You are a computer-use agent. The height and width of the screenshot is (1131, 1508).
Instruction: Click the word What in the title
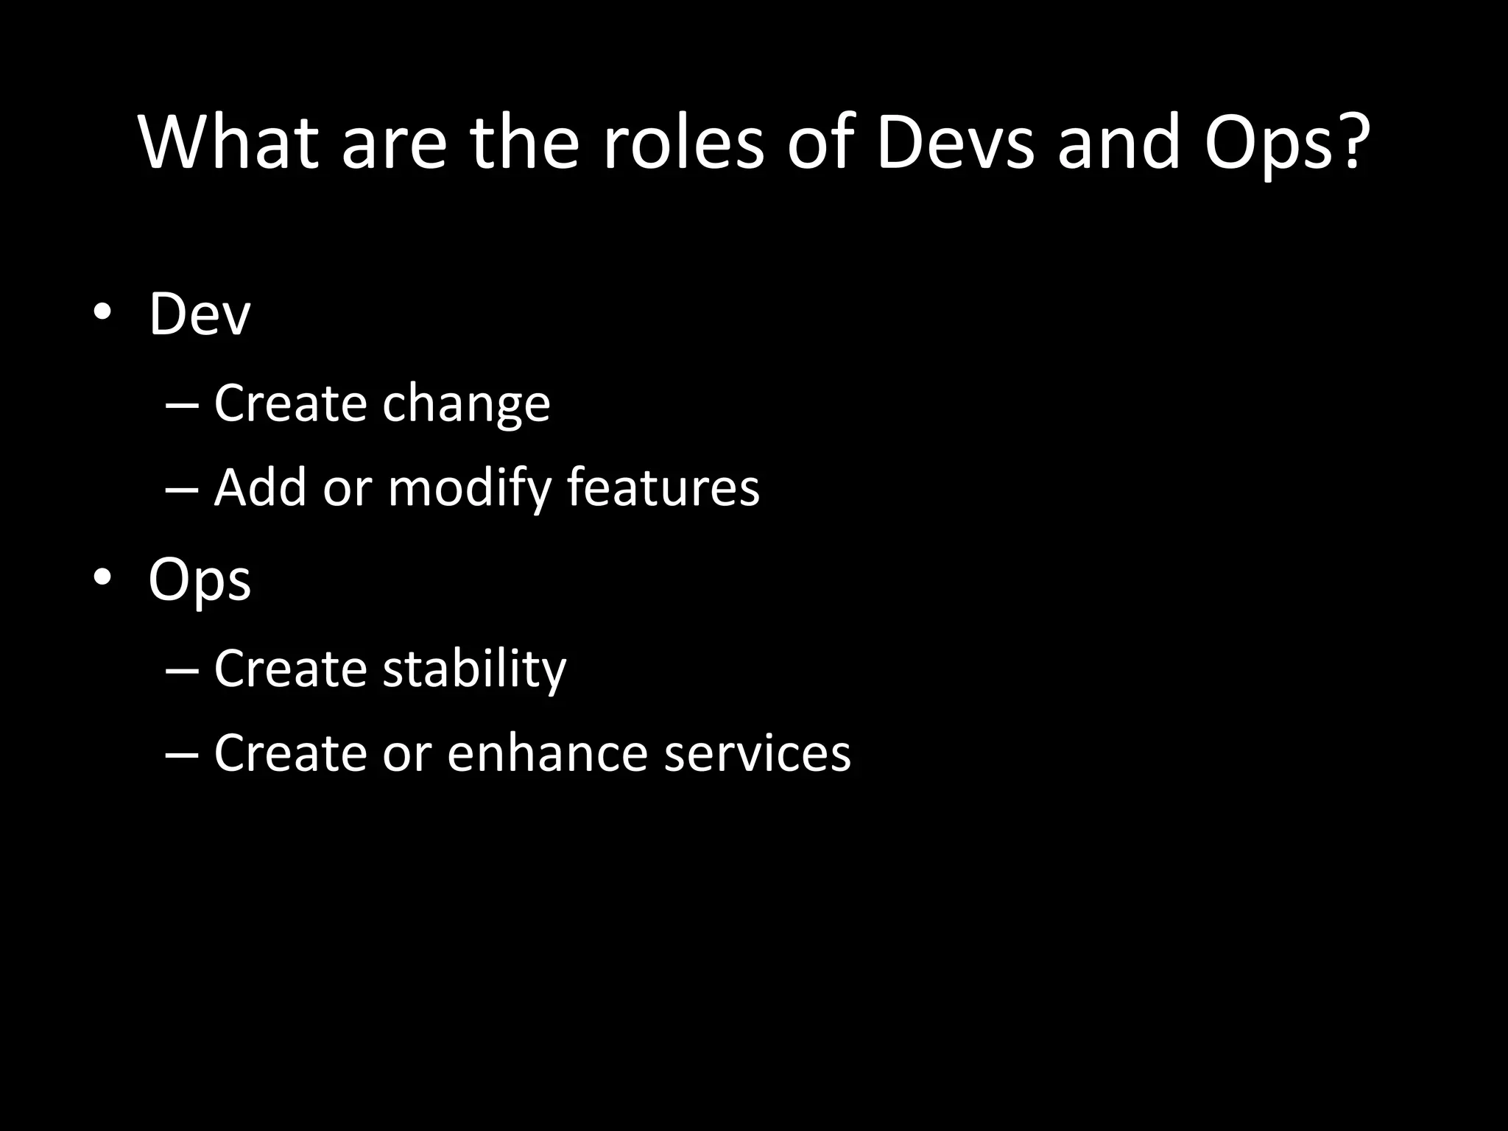(x=229, y=143)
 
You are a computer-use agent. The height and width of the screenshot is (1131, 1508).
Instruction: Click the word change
(x=465, y=405)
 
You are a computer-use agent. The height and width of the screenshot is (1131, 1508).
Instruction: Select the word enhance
(x=547, y=753)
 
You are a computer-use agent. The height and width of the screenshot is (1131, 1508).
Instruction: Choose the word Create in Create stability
(x=290, y=669)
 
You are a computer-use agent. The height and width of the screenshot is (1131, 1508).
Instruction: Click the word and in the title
(x=1118, y=143)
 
